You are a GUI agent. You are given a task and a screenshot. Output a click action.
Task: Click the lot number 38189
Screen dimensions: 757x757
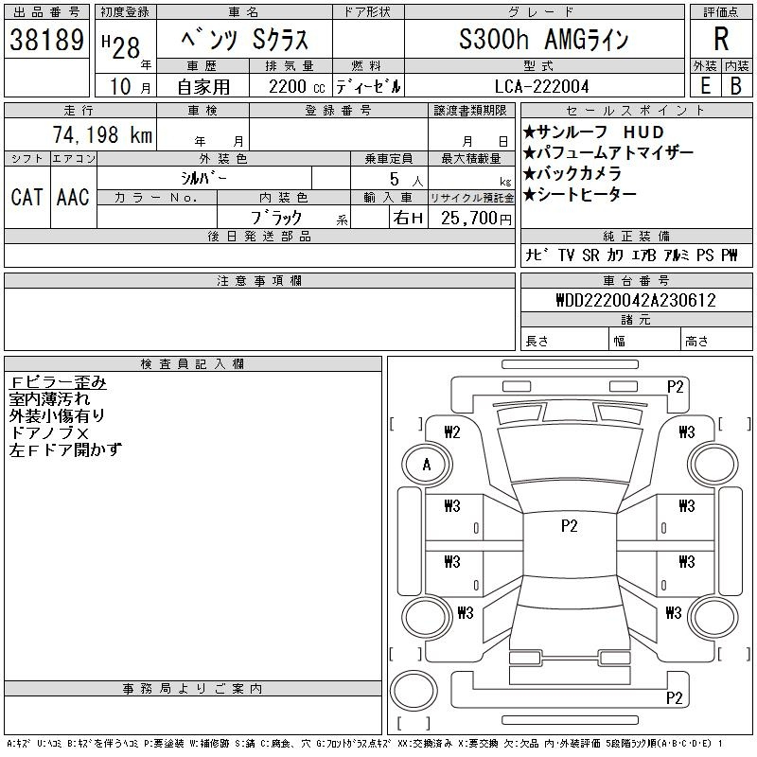[46, 40]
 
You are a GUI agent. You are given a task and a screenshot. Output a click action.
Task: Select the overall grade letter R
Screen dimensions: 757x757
[721, 39]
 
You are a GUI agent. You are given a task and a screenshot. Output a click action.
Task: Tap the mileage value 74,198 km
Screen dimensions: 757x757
[103, 134]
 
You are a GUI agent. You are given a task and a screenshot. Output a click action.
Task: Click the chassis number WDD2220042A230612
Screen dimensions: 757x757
[636, 300]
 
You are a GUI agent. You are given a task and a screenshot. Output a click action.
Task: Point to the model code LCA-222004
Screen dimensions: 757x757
[541, 86]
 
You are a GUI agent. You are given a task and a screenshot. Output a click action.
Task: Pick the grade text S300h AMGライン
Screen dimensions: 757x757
[543, 39]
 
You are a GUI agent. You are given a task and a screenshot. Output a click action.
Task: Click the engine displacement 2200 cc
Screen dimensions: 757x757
[296, 87]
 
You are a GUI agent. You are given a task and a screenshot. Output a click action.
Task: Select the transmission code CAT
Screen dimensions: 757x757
[27, 197]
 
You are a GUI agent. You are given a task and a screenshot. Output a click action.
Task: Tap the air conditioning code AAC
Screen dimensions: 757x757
[74, 197]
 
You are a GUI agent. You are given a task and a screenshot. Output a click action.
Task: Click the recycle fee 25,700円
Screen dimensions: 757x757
[476, 219]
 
